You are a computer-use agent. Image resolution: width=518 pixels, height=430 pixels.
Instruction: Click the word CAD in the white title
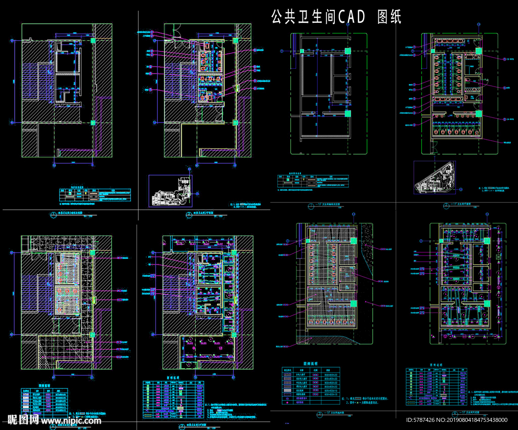pos(352,17)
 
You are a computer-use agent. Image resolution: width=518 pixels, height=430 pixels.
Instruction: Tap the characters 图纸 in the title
pos(390,17)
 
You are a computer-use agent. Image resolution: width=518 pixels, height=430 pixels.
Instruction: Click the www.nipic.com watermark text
pos(72,420)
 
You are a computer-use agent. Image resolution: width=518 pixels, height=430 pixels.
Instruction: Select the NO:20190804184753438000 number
pos(476,420)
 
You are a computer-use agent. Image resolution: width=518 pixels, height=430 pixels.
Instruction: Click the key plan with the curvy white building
pos(170,191)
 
